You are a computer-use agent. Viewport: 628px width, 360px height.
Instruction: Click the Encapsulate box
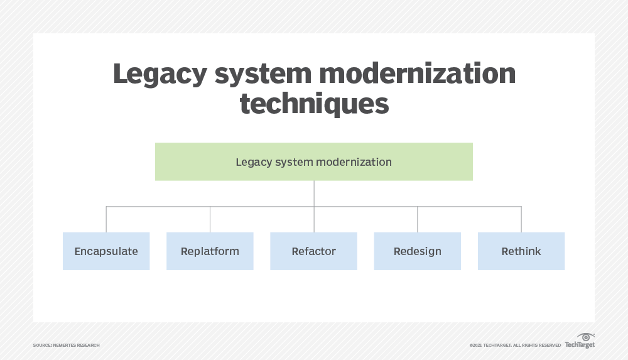(106, 251)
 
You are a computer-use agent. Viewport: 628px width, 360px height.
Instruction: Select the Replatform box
(210, 251)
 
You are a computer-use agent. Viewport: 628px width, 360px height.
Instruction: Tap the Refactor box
(313, 251)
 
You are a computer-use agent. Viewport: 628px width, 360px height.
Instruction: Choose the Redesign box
(417, 251)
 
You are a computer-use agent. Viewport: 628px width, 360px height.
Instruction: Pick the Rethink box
(521, 251)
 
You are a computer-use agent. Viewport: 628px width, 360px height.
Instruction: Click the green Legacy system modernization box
(313, 162)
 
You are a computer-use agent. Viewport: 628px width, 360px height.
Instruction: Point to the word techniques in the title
(314, 104)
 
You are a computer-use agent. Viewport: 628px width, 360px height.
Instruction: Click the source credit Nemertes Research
(66, 345)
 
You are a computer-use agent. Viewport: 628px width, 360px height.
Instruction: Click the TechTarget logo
(579, 344)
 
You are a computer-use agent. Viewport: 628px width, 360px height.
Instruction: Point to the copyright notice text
(515, 345)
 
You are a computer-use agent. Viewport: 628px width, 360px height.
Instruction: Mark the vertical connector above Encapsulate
(106, 219)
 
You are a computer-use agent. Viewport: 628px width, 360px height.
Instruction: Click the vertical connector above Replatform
(210, 219)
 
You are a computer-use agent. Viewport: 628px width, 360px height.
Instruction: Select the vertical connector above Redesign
(417, 219)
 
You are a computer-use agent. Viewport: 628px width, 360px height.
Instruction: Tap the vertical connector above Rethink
(521, 219)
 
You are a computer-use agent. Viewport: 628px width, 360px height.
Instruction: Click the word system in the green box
(293, 162)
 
